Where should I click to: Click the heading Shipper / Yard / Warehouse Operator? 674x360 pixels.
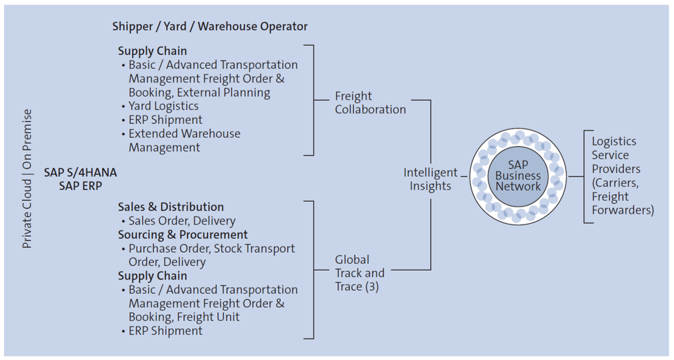click(210, 26)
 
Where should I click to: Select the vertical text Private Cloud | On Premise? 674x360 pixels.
click(27, 179)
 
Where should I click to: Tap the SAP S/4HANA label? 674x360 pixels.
click(80, 172)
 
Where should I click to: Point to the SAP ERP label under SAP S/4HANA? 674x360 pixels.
click(80, 186)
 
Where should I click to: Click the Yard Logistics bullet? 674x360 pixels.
click(163, 106)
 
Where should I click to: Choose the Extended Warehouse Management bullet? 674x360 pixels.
click(184, 140)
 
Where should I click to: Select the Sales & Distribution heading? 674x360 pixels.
click(171, 207)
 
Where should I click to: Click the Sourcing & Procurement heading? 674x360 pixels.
click(183, 235)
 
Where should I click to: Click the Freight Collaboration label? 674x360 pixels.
click(370, 103)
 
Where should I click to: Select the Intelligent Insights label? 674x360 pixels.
click(430, 179)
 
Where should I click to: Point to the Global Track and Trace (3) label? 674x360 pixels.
click(360, 273)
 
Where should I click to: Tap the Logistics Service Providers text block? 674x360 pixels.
click(622, 176)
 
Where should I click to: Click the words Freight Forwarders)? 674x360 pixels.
click(622, 203)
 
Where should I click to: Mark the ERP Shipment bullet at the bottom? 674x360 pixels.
click(165, 331)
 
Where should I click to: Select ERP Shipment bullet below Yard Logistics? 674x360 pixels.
click(165, 120)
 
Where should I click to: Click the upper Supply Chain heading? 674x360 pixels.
click(153, 51)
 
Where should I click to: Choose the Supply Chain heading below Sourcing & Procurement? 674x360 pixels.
click(153, 276)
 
